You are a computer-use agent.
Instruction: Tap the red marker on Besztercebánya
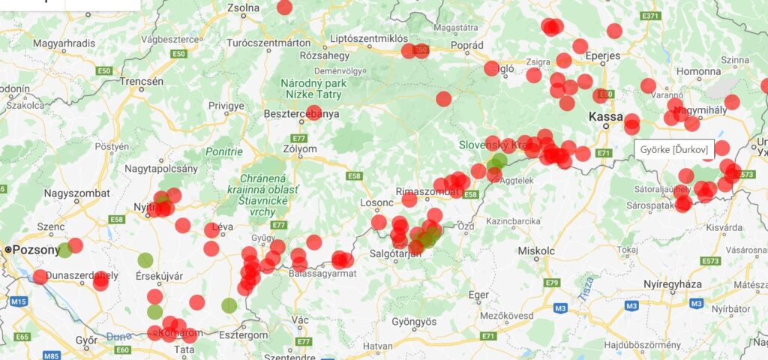pyautogui.click(x=314, y=112)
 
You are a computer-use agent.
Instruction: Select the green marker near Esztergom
pyautogui.click(x=229, y=305)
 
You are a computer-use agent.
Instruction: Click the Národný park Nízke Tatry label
pyautogui.click(x=313, y=88)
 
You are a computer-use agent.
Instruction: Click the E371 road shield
pyautogui.click(x=650, y=16)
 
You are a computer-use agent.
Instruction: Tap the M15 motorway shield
pyautogui.click(x=19, y=301)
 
